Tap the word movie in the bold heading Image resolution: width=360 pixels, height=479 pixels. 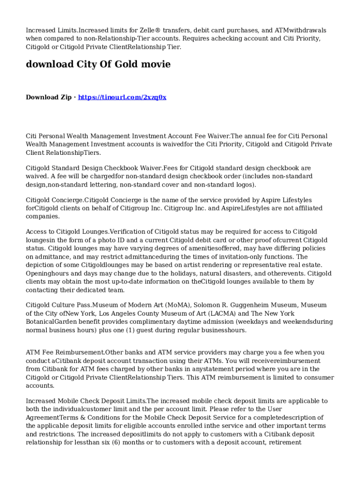155,64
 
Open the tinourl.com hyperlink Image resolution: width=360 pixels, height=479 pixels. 122,97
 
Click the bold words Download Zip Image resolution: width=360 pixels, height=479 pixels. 49,97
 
